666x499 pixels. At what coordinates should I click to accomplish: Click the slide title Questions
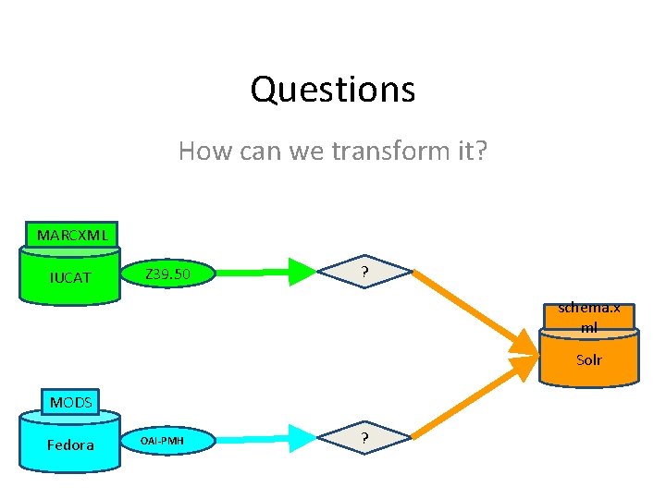pyautogui.click(x=332, y=90)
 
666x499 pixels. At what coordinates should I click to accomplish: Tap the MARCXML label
pyautogui.click(x=72, y=235)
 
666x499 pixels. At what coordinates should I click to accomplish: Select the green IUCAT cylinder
pyautogui.click(x=71, y=276)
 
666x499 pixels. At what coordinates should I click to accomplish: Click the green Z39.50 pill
pyautogui.click(x=168, y=274)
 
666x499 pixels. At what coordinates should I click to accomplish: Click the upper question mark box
pyautogui.click(x=365, y=273)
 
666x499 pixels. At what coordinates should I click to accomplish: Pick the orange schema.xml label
pyautogui.click(x=589, y=317)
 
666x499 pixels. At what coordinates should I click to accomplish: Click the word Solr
pyautogui.click(x=589, y=359)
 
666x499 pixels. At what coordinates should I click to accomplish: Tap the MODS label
pyautogui.click(x=71, y=403)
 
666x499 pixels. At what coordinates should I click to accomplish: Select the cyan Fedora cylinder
pyautogui.click(x=71, y=444)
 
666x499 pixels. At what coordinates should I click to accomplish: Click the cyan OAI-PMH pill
pyautogui.click(x=167, y=441)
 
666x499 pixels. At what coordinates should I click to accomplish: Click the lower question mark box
pyautogui.click(x=365, y=438)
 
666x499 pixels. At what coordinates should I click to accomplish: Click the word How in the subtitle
pyautogui.click(x=200, y=150)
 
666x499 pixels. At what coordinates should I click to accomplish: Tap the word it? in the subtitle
pyautogui.click(x=469, y=150)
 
